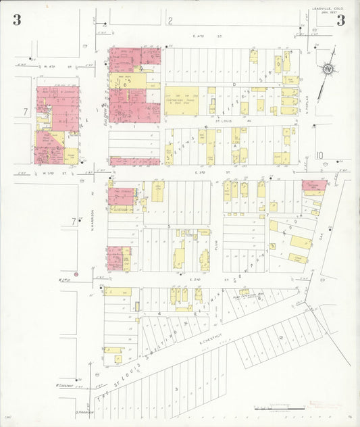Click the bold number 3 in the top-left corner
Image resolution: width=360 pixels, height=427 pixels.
16,20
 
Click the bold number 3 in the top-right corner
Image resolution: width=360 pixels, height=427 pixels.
340,20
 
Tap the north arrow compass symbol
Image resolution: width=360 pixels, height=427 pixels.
328,68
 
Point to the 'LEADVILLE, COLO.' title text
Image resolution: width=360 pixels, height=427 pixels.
328,9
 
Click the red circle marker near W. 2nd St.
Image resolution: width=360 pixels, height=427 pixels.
76,274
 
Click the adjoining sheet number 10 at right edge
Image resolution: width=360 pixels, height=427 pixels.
319,155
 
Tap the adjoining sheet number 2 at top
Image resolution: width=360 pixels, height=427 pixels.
170,21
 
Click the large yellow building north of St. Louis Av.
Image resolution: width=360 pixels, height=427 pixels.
182,100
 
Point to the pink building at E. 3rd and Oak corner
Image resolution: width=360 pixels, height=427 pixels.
313,184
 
